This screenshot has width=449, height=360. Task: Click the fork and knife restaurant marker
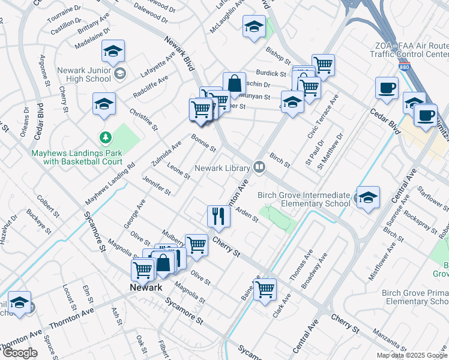click(x=218, y=216)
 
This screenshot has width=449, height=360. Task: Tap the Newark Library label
click(x=220, y=168)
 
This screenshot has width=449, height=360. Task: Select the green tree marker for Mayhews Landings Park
click(x=106, y=138)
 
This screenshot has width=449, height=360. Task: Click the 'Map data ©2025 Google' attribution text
click(x=412, y=355)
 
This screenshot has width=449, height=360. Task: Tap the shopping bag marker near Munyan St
click(x=234, y=83)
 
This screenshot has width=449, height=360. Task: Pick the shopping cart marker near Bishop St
click(x=323, y=65)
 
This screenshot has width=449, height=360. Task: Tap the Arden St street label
click(x=247, y=215)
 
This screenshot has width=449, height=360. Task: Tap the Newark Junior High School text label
click(x=84, y=74)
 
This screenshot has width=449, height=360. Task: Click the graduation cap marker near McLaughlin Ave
click(x=254, y=26)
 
